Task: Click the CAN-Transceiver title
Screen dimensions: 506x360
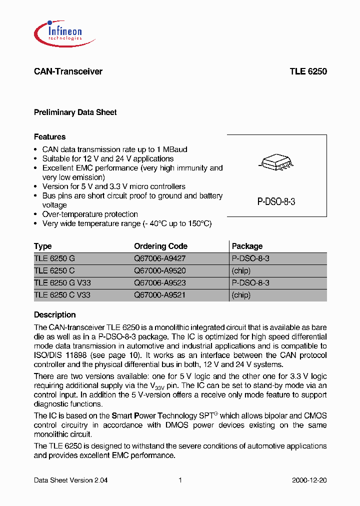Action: tap(68, 71)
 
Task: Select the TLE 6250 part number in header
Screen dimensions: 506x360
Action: tap(308, 71)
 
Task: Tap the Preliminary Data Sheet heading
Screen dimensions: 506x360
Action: tap(75, 112)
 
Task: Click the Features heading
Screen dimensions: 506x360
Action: tap(49, 137)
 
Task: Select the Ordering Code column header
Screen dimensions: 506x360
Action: tap(160, 246)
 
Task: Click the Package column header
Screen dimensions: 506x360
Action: tap(247, 246)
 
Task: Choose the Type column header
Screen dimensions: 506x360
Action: tap(42, 246)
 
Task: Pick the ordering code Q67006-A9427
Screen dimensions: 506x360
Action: tap(159, 258)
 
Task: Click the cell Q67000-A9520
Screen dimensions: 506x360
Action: tap(159, 270)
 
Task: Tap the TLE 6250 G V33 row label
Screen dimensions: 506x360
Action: tap(62, 283)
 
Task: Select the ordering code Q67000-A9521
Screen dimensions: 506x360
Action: tap(159, 295)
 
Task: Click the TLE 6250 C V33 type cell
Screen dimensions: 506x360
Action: tap(62, 295)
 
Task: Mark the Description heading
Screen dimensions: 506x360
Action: tap(54, 315)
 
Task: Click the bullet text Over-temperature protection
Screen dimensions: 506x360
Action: tap(90, 214)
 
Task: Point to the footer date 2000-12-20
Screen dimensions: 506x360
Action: tap(309, 480)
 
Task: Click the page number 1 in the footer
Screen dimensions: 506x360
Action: tap(180, 480)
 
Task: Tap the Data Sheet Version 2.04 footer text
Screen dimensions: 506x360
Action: tap(70, 480)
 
